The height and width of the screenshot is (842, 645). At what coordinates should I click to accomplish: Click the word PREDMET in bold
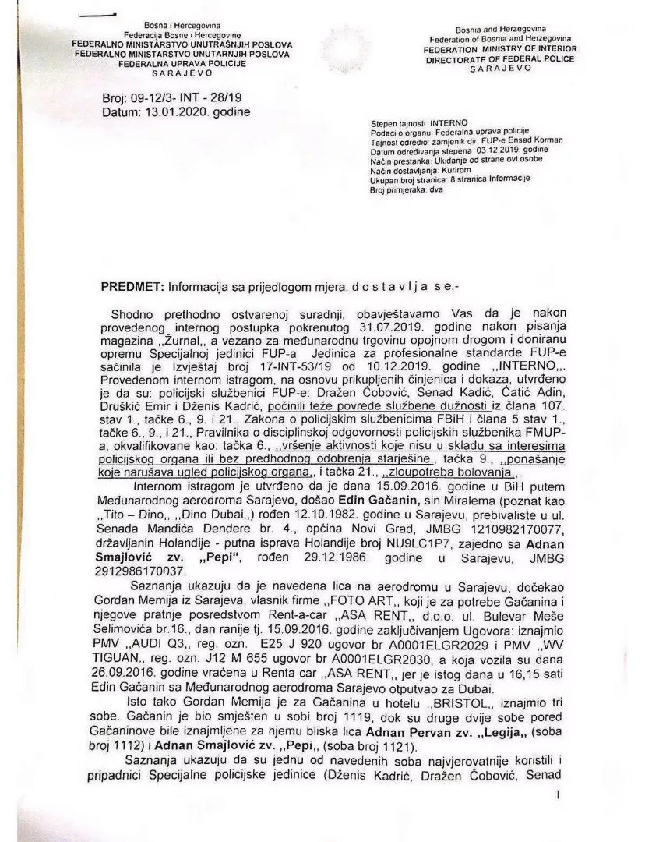[133, 286]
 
